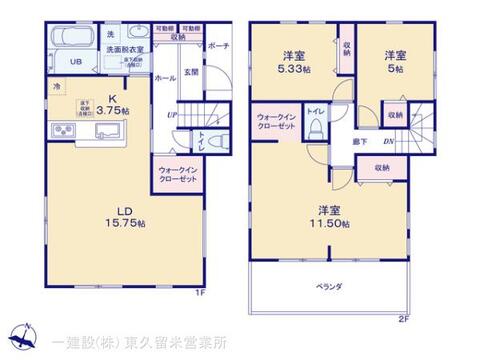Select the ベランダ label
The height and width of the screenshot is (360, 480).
(x=329, y=286)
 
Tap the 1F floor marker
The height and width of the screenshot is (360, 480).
(x=198, y=292)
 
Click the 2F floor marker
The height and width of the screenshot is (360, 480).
(x=403, y=320)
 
